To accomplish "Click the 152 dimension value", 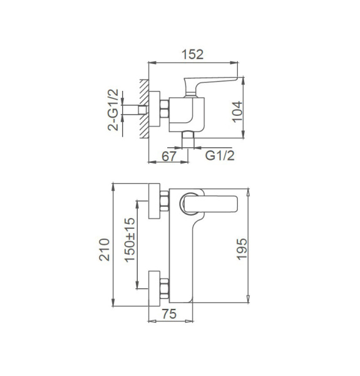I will pyautogui.click(x=193, y=54).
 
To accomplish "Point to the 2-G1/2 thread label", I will pyautogui.click(x=114, y=110).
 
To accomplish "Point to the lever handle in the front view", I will pyautogui.click(x=210, y=204).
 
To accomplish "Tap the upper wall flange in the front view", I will pyautogui.click(x=155, y=201).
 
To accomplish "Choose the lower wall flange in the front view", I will pyautogui.click(x=155, y=290).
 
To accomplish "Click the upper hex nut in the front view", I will pyautogui.click(x=165, y=201).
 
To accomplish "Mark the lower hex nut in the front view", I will pyautogui.click(x=165, y=290).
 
